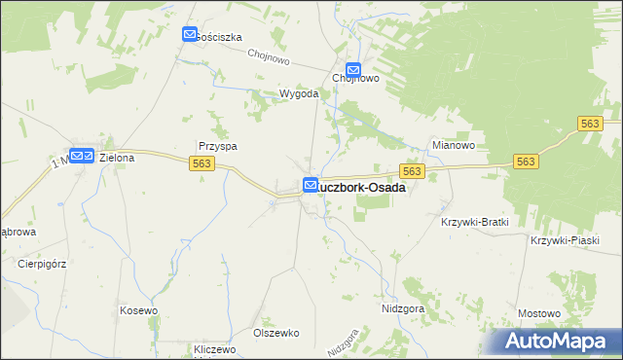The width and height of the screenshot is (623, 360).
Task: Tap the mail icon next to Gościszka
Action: [190, 35]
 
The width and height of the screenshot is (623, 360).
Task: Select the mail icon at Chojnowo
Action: [353, 70]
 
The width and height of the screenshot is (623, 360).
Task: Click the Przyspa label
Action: [218, 146]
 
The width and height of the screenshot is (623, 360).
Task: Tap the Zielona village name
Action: [117, 157]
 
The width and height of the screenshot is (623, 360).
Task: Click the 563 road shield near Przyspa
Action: [202, 163]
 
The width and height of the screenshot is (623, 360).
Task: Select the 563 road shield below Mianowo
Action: [413, 171]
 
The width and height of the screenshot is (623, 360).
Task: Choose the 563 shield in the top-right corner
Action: [590, 123]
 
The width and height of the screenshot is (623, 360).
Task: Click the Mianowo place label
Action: [453, 145]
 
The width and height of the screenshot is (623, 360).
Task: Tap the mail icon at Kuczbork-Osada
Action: [310, 185]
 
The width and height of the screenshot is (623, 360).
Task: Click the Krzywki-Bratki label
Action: [475, 222]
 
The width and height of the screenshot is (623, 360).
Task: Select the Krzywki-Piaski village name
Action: [564, 239]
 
